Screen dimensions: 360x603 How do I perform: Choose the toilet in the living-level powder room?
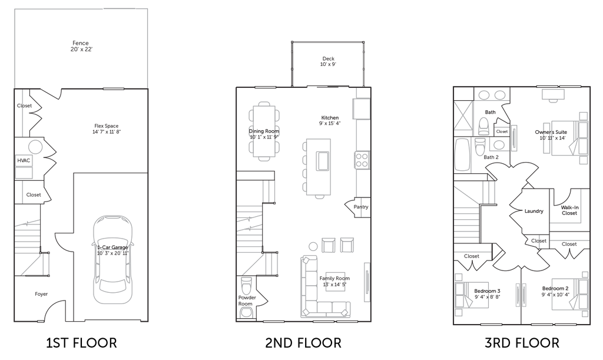pyautogui.click(x=244, y=288)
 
